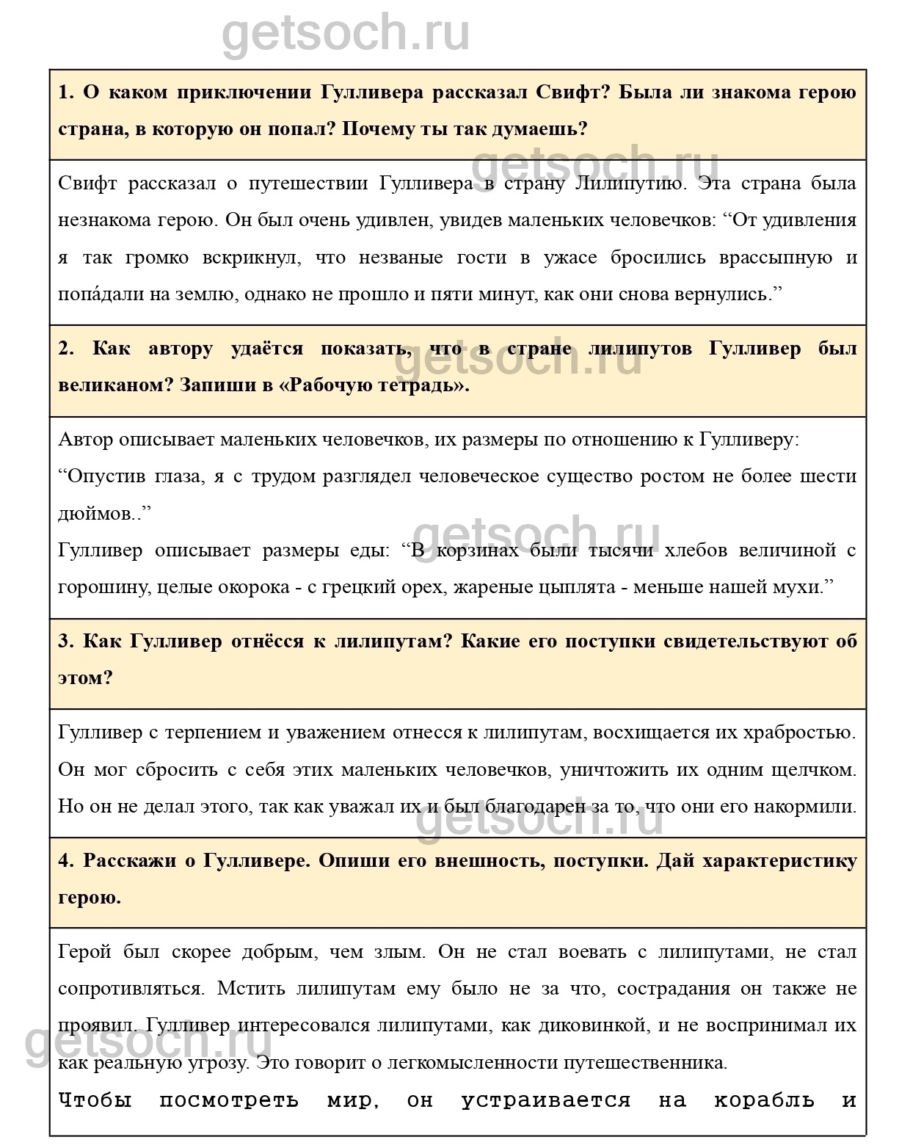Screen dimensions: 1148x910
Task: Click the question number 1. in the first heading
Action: (x=66, y=92)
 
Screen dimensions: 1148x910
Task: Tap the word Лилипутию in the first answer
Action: (x=629, y=184)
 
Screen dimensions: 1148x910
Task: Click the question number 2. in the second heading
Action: (x=66, y=349)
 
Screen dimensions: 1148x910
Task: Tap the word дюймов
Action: (x=96, y=514)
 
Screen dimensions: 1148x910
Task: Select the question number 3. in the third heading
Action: (x=66, y=642)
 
